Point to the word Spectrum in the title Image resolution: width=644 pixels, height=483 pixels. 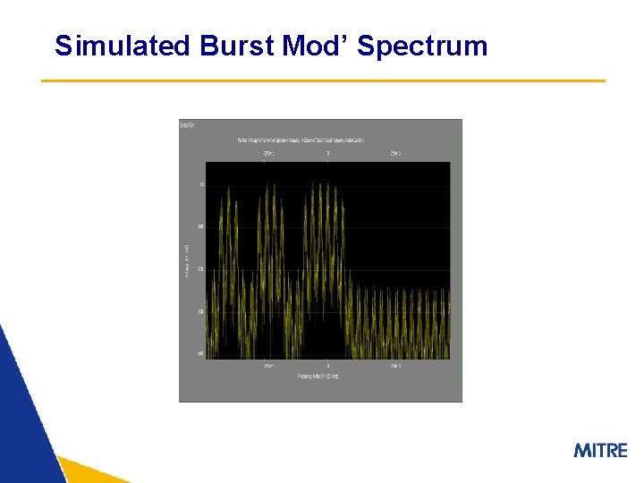[422, 46]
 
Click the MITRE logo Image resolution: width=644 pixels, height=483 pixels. [600, 450]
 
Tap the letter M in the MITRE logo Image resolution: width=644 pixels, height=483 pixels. [582, 450]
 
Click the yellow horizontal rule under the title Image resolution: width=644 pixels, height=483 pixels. [323, 80]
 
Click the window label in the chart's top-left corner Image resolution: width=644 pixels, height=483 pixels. [188, 125]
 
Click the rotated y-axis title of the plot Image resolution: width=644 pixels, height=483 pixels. [187, 260]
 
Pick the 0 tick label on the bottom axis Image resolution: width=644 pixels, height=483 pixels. [327, 366]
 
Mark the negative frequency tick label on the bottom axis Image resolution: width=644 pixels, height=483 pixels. [268, 366]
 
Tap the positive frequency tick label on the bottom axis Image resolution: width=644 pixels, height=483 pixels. [394, 366]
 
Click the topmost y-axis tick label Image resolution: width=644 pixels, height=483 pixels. [201, 184]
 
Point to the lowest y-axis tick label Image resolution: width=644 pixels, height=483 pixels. [200, 354]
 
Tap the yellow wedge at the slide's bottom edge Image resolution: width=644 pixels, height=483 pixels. [89, 471]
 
